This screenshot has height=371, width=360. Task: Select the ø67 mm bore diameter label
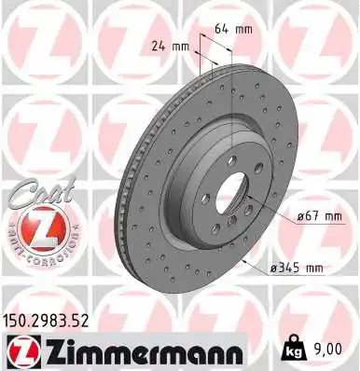click(297, 216)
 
